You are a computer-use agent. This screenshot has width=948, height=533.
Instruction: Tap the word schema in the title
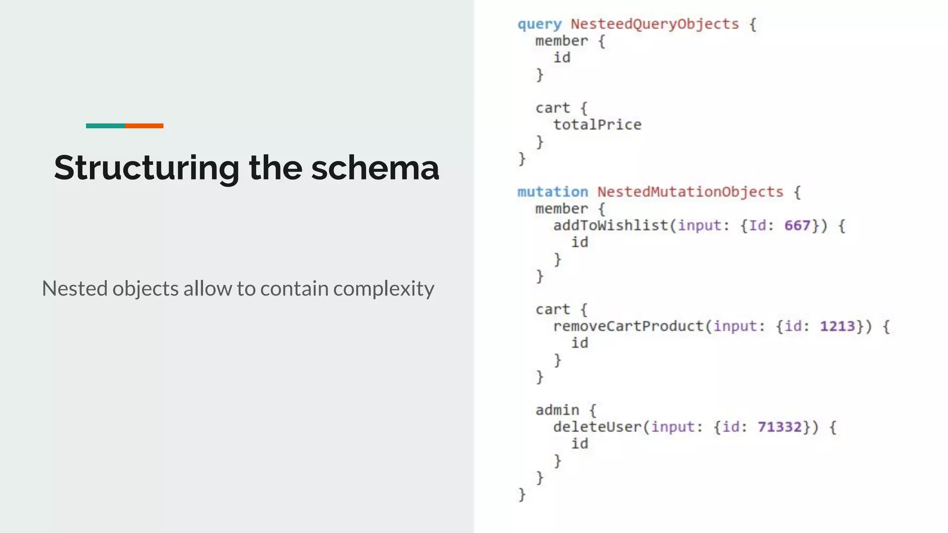click(x=375, y=167)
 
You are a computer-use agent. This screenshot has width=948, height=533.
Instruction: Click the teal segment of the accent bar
click(x=105, y=126)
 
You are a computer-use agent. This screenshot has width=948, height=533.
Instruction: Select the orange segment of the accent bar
click(x=144, y=126)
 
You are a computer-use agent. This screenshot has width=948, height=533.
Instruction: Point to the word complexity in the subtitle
click(x=384, y=289)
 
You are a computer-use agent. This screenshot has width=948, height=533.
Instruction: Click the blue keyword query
click(x=539, y=25)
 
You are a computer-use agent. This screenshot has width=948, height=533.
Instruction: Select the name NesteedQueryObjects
click(x=655, y=24)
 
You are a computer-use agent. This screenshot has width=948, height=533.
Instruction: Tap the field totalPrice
click(x=597, y=125)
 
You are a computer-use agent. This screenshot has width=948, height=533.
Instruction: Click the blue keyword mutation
click(x=553, y=192)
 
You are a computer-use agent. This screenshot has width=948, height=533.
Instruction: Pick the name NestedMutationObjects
click(x=690, y=192)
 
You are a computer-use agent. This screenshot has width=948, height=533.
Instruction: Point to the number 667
click(x=797, y=226)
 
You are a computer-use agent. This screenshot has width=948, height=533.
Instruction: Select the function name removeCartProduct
click(x=628, y=327)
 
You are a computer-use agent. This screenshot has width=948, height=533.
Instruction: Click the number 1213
click(x=837, y=327)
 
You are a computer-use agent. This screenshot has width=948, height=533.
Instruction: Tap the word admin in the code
click(x=557, y=410)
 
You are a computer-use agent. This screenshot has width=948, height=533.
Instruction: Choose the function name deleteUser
click(x=597, y=427)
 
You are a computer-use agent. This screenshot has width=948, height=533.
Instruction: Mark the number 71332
click(x=779, y=427)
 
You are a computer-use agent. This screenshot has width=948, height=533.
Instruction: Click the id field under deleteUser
click(x=580, y=444)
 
